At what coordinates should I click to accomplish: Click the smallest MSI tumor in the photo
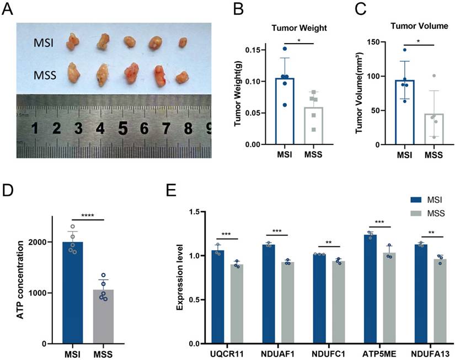click(183, 42)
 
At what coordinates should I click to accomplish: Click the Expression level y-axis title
click(180, 278)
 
